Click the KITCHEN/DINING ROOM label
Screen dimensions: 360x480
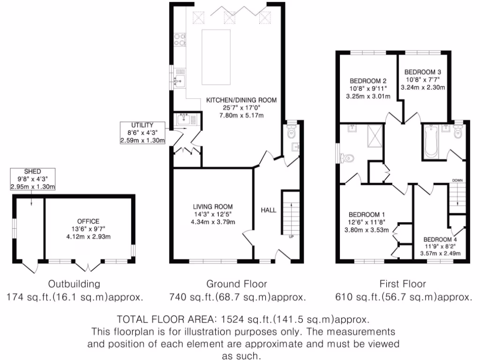[241, 100]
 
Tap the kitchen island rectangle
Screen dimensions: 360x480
[216, 57]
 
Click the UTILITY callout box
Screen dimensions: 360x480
[142, 133]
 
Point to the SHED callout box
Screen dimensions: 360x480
[33, 180]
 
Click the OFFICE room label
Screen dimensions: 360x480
[89, 221]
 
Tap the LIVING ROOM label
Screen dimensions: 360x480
[213, 206]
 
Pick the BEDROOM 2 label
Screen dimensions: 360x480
[368, 80]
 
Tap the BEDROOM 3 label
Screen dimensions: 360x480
[422, 72]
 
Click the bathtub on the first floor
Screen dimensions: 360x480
[430, 141]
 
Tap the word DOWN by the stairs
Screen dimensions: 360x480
[457, 180]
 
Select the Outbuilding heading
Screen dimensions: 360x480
[75, 284]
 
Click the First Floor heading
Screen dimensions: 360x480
[403, 284]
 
